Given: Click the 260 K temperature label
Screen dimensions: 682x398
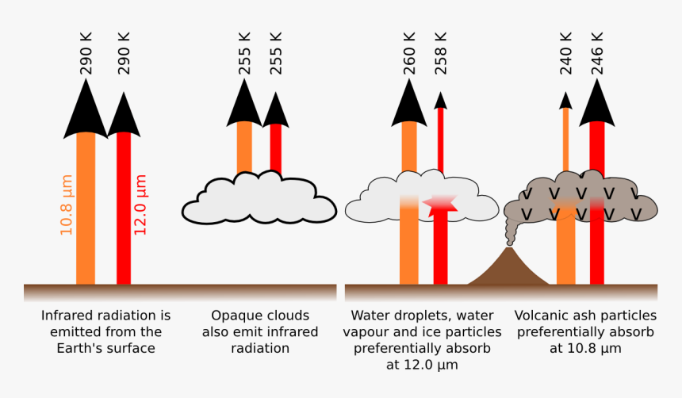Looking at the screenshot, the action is [409, 53].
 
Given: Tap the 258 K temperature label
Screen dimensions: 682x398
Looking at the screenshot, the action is [441, 53].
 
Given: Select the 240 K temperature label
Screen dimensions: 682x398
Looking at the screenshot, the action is [565, 53].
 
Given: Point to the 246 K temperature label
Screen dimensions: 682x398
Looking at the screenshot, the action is [597, 53].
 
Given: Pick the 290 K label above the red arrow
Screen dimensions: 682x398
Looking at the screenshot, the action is [124, 53].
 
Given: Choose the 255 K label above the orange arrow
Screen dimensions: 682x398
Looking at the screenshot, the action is [244, 53].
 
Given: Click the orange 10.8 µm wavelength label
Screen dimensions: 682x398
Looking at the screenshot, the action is [66, 205].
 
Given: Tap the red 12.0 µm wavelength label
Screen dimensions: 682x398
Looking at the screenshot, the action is [140, 205].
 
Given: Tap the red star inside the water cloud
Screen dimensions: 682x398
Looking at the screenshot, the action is [440, 205].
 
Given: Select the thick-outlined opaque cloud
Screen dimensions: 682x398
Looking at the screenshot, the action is [259, 198].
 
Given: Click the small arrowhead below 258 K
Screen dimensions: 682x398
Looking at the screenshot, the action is [441, 100].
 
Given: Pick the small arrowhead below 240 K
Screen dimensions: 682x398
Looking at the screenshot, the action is [565, 100].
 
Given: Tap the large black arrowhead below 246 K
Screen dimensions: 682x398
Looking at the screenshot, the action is [596, 104].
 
